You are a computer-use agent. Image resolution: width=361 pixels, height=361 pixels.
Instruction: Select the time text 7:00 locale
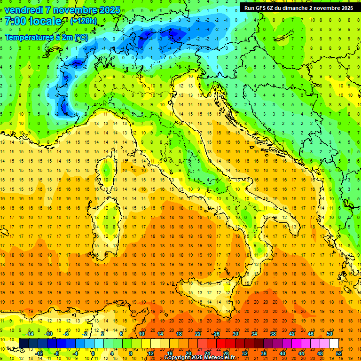point(33,22)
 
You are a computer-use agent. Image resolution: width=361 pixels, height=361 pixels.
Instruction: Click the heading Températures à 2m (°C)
point(46,37)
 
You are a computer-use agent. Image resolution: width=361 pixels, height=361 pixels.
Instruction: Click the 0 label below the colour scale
point(93,353)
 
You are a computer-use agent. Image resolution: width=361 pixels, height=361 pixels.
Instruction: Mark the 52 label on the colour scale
point(338,353)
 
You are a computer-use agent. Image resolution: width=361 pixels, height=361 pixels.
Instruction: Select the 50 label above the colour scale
point(330,334)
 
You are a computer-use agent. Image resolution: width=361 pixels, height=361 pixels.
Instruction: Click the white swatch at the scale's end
point(334,343)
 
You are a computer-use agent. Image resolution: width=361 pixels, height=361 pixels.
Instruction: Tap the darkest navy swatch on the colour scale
point(24,343)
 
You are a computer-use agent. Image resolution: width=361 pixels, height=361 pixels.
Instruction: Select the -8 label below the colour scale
point(57,353)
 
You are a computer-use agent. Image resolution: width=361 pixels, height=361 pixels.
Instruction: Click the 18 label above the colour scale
point(179,334)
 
